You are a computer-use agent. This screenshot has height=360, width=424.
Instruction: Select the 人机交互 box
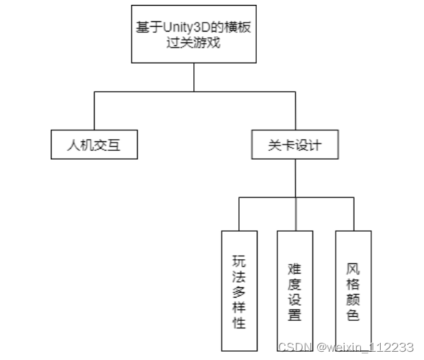(x=93, y=145)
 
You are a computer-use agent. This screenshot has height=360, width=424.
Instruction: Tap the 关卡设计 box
(x=295, y=145)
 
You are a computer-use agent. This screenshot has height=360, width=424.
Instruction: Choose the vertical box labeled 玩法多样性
(x=239, y=291)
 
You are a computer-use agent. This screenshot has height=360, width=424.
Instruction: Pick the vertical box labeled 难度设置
(x=295, y=291)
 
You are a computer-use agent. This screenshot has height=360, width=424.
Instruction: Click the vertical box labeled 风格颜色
(x=353, y=291)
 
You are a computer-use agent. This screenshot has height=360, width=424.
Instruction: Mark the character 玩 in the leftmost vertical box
(x=239, y=261)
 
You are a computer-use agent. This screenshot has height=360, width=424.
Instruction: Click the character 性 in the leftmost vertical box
(x=239, y=323)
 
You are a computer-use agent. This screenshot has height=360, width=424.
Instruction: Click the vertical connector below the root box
(x=194, y=77)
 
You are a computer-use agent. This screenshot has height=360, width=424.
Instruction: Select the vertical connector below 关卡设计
(x=295, y=178)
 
